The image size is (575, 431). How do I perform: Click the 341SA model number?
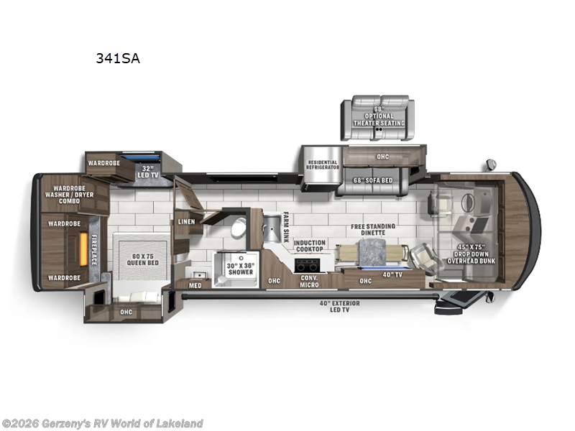[118, 59]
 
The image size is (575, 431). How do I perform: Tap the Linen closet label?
[186, 222]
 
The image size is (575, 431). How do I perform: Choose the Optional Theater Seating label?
[378, 118]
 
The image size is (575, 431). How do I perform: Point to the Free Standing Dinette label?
[373, 230]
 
